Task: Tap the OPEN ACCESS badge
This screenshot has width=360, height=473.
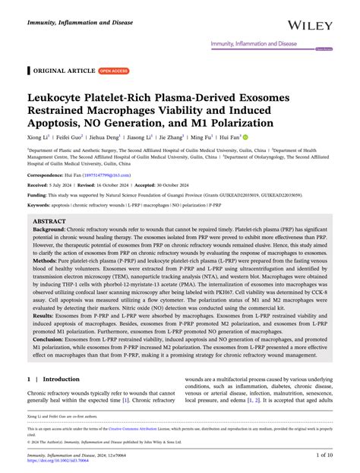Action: click(x=115, y=71)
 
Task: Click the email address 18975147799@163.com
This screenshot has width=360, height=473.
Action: click(x=109, y=184)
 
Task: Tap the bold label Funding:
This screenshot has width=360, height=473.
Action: click(x=42, y=205)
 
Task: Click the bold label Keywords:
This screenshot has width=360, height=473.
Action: click(x=44, y=216)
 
